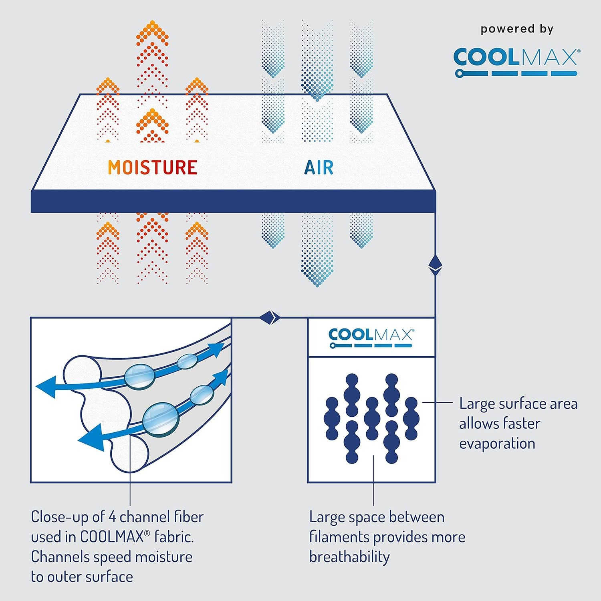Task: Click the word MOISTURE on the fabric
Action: [x=153, y=167]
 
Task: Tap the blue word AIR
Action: [x=319, y=167]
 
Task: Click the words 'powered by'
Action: [x=517, y=29]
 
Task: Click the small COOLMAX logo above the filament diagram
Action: [x=371, y=338]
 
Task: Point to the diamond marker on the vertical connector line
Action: [x=435, y=266]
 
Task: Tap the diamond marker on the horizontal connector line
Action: [x=269, y=318]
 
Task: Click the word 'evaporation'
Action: [x=497, y=444]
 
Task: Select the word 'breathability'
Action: [x=349, y=557]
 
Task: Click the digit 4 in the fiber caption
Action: [x=112, y=517]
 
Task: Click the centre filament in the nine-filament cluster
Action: [x=371, y=418]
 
